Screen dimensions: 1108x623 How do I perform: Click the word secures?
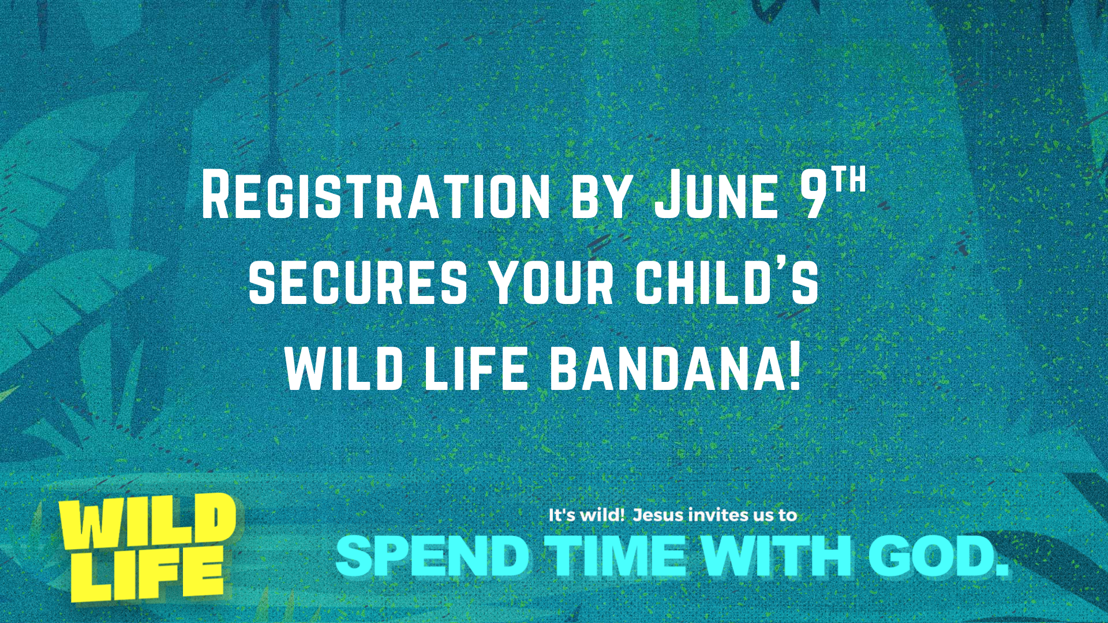tap(358, 282)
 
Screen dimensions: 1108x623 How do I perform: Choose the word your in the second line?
tap(552, 282)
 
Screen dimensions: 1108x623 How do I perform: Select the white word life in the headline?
tap(476, 368)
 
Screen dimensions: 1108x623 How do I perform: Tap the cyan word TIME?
tap(616, 556)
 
